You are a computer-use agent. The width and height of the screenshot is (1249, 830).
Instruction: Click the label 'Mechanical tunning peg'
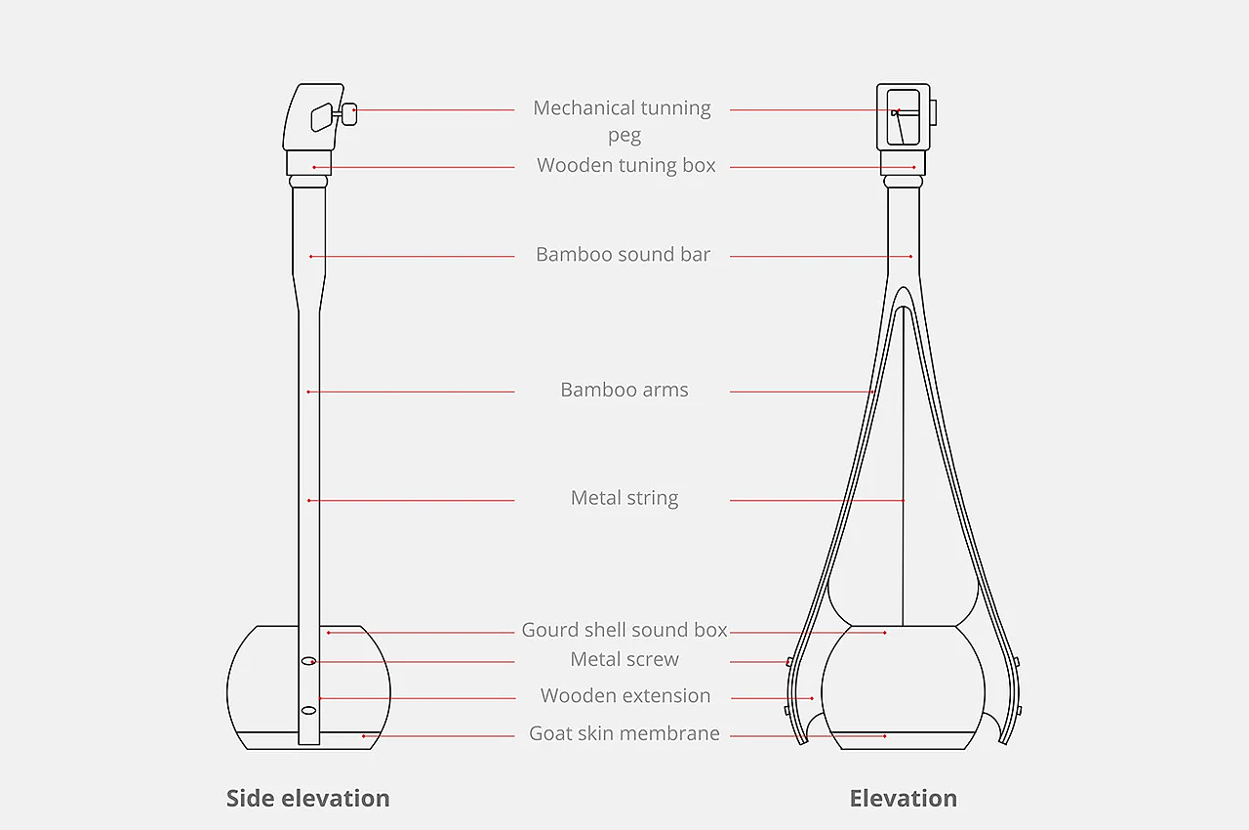[x=622, y=108]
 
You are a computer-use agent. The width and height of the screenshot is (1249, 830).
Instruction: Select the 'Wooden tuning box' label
[x=625, y=166]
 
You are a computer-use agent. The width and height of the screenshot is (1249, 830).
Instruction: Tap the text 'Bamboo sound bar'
[x=623, y=255]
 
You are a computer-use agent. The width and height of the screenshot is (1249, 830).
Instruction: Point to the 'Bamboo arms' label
[x=624, y=391]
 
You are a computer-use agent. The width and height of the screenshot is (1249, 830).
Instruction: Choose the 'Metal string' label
[x=624, y=498]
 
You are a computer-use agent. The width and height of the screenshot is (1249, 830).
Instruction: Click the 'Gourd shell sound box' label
[x=624, y=630]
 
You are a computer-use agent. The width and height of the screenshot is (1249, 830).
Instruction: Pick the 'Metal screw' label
[x=624, y=660]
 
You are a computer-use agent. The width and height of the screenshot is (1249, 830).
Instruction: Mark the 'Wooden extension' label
[x=624, y=696]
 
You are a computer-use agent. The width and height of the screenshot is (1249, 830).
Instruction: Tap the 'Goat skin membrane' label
[x=624, y=733]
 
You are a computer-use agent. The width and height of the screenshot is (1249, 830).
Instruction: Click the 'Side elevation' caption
[x=307, y=799]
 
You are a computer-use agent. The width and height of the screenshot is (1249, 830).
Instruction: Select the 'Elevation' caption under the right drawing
[x=903, y=799]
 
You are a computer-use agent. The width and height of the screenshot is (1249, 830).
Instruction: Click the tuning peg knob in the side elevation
[x=348, y=114]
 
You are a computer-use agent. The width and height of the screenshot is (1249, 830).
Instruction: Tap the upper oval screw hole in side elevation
[x=308, y=661]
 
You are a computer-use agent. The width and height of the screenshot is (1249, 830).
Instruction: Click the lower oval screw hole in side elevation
[x=308, y=710]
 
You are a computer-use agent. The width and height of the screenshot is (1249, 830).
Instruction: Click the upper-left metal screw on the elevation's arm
[x=789, y=662]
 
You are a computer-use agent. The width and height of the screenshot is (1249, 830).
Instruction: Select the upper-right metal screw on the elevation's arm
[x=1016, y=662]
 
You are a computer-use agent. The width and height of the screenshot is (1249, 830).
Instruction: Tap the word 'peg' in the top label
[x=624, y=136]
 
